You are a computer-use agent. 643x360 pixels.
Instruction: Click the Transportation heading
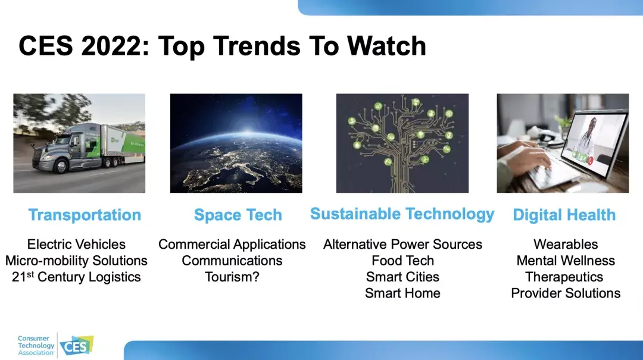click(x=85, y=215)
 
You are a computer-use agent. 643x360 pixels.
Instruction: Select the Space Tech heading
click(x=238, y=215)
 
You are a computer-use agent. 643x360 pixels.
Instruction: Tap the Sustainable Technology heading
click(x=402, y=214)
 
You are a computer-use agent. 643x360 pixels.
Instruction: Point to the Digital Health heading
click(x=564, y=215)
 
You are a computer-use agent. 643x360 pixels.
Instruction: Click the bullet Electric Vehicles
click(x=76, y=245)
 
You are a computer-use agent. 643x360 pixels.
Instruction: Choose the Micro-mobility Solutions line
click(x=76, y=261)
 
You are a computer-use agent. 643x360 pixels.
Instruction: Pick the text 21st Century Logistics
click(x=76, y=277)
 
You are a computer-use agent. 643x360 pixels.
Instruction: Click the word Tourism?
click(x=232, y=277)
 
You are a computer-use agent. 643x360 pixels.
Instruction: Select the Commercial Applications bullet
click(x=232, y=245)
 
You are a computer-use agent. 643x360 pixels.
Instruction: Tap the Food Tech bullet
click(x=402, y=261)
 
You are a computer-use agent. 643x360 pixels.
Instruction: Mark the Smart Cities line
click(x=402, y=277)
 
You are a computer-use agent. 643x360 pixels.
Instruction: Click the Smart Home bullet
click(x=402, y=293)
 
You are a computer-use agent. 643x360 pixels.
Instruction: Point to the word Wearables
click(x=566, y=245)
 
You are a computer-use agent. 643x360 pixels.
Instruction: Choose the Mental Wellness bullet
click(x=566, y=261)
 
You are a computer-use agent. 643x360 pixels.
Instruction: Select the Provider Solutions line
click(x=566, y=293)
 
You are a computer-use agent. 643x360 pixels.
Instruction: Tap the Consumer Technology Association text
click(x=36, y=346)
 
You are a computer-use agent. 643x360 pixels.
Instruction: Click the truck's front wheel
click(x=61, y=167)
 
